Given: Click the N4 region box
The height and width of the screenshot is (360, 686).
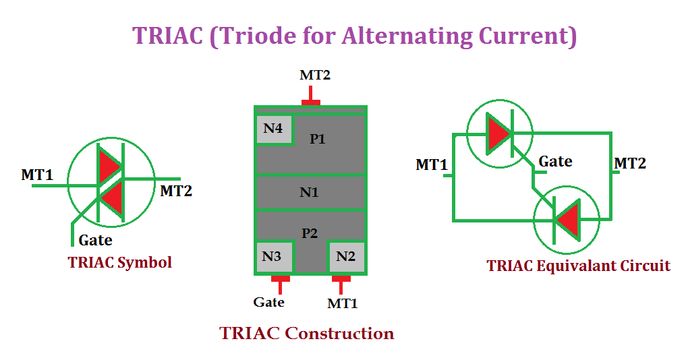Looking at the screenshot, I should click(273, 129).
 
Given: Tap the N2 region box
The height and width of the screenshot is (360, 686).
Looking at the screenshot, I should click(346, 256).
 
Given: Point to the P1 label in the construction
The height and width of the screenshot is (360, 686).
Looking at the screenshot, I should click(318, 140).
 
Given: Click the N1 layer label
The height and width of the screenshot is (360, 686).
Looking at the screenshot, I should click(309, 193).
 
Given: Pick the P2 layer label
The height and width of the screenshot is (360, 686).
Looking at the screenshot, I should click(310, 233).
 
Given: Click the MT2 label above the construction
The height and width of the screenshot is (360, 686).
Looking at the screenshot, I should click(315, 75).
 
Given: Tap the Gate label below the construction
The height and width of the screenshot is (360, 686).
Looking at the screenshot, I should click(269, 302).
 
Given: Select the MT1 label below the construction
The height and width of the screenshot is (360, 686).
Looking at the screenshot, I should click(343, 303).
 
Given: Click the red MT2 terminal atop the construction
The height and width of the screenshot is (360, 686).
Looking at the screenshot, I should click(311, 102).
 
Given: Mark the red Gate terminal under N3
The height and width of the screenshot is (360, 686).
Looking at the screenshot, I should click(280, 278).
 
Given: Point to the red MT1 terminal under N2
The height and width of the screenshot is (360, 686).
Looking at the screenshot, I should click(341, 278).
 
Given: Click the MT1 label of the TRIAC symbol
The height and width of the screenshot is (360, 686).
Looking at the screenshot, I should click(37, 175).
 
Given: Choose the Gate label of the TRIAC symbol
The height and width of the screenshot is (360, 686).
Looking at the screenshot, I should click(96, 239).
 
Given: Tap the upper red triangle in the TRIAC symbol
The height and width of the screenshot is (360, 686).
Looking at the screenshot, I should click(109, 166).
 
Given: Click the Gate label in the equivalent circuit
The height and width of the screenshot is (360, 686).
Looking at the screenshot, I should click(555, 162).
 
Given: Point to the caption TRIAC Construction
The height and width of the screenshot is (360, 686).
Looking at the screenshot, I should click(307, 333).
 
